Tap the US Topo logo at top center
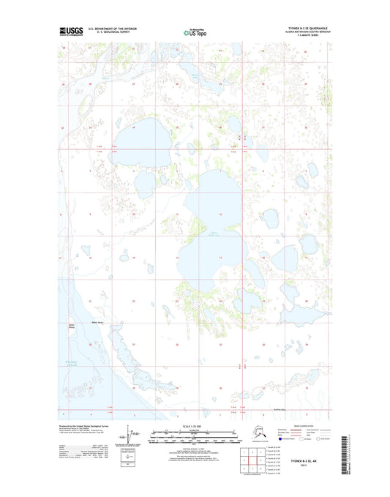point(194,32)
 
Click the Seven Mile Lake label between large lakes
point(216,233)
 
